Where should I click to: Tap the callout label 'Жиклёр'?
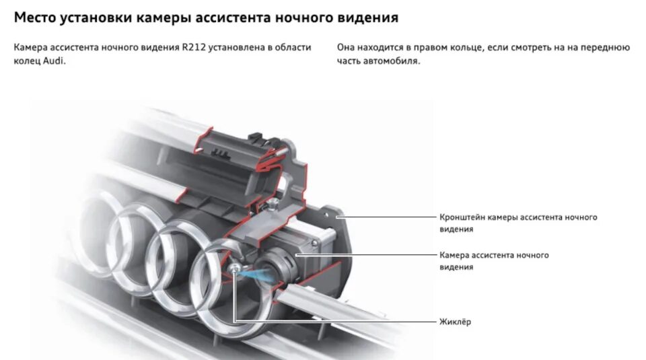click(x=455, y=322)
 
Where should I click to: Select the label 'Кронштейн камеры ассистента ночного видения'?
click(x=517, y=223)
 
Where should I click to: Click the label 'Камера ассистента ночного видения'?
click(x=494, y=261)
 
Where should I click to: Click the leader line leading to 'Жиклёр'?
click(x=336, y=322)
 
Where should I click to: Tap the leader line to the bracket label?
click(x=390, y=217)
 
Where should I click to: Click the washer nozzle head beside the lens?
click(x=233, y=268)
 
